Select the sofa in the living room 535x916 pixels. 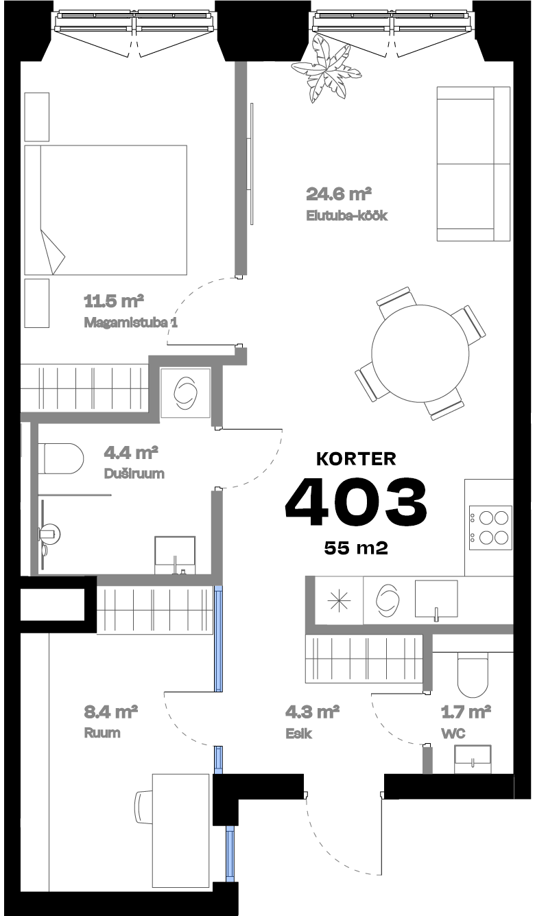(473, 164)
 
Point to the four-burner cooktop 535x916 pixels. (490, 526)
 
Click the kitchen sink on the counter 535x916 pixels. (436, 598)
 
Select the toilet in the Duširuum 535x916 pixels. (61, 458)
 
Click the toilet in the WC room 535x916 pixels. (473, 674)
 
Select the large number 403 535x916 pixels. (356, 500)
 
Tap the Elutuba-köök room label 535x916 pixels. (347, 215)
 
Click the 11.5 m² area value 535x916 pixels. (113, 301)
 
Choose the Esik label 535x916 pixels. (299, 733)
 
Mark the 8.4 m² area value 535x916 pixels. (110, 712)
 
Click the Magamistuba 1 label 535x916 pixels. (130, 322)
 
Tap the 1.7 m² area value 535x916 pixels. (466, 712)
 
